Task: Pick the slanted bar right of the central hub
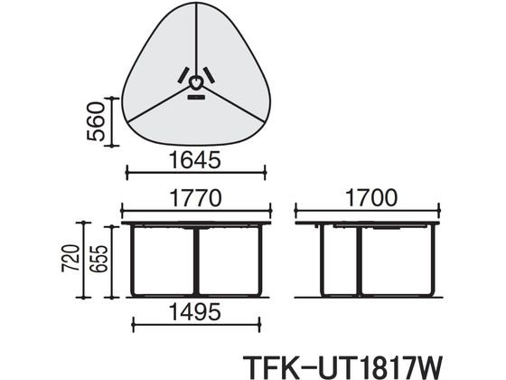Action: (210, 75)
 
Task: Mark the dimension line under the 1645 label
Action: (195, 172)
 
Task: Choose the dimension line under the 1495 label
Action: (195, 324)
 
